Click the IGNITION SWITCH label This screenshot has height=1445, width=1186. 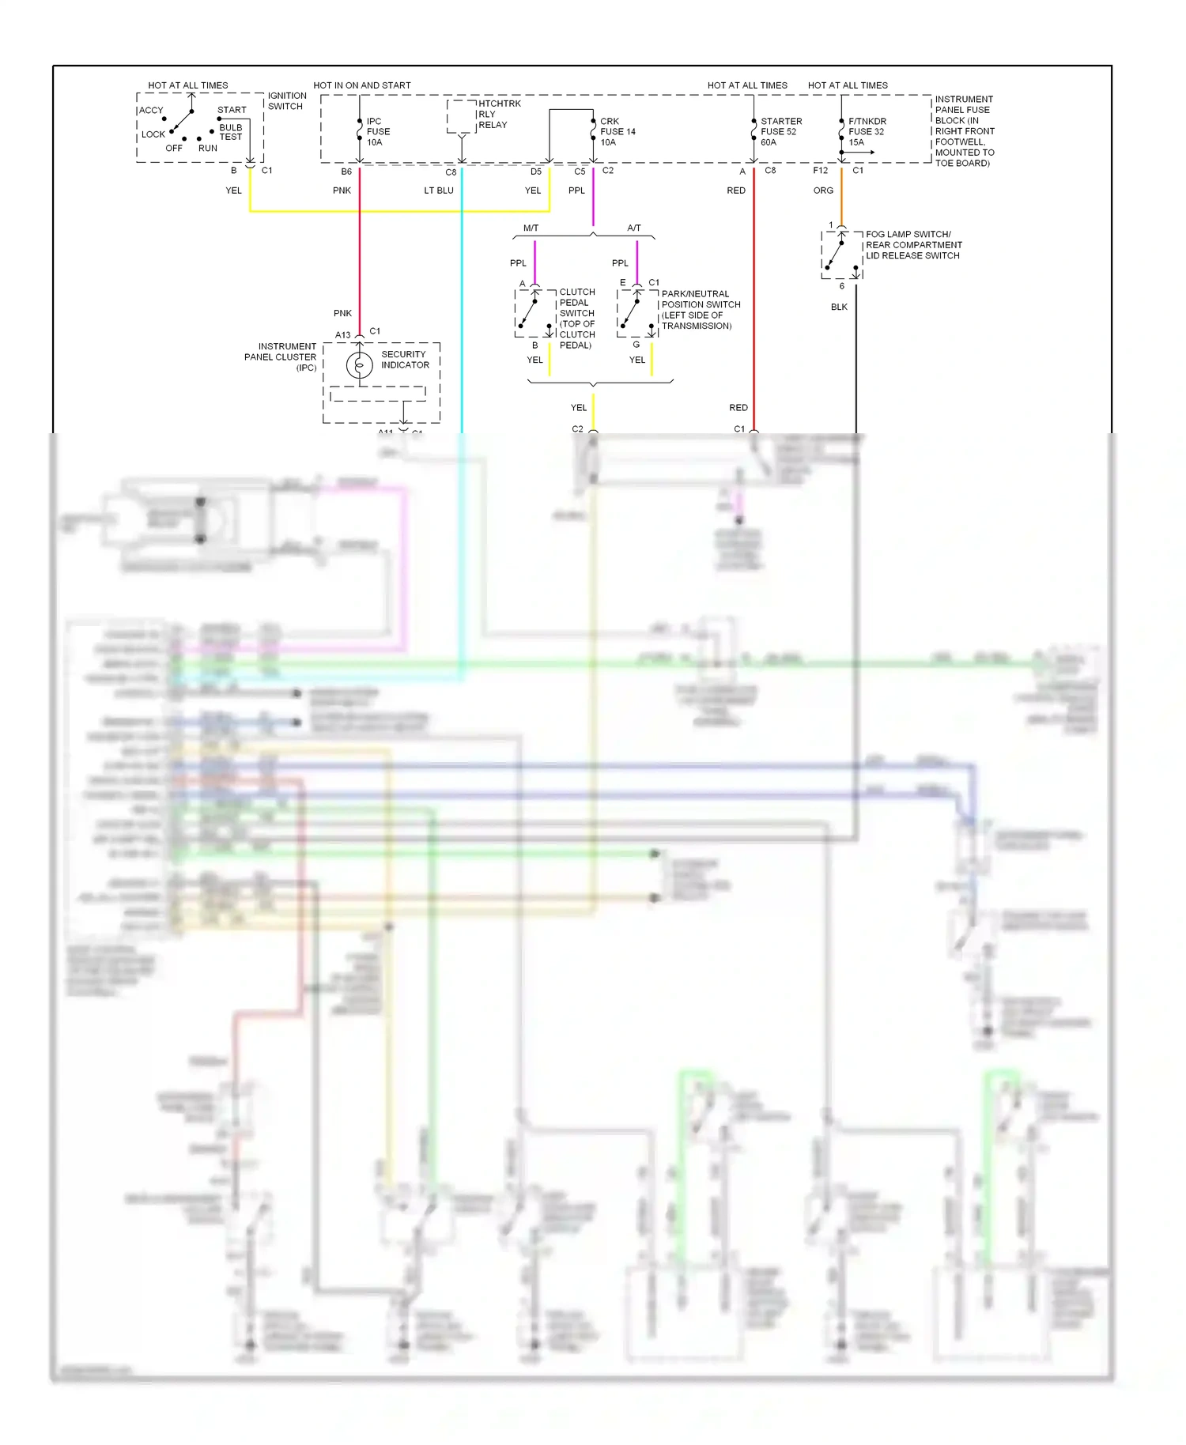[286, 101]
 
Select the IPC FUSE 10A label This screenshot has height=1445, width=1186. [378, 132]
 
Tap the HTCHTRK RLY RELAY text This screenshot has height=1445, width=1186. [499, 115]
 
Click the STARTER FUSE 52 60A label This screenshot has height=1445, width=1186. [780, 132]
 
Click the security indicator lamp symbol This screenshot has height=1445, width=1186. [359, 365]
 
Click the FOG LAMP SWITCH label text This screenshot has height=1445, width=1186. [912, 245]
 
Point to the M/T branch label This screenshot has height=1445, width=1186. [531, 228]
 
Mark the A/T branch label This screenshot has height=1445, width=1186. [634, 228]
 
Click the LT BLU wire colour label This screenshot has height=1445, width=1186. [439, 191]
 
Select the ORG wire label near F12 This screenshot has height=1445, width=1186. [823, 191]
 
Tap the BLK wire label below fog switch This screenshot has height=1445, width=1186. [839, 307]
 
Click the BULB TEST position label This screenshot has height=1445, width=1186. [231, 132]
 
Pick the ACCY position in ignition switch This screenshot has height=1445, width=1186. [151, 111]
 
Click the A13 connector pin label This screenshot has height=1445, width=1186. [342, 335]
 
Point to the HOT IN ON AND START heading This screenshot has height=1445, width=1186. [362, 85]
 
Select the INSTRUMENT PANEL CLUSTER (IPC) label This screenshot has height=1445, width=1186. [281, 357]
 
